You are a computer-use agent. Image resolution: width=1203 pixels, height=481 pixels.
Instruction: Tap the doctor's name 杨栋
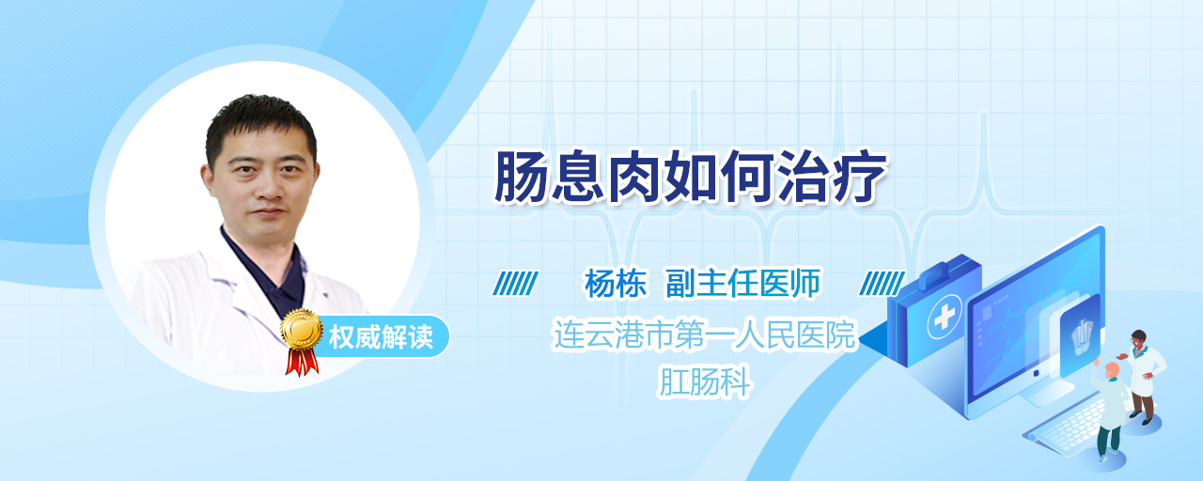tap(616, 284)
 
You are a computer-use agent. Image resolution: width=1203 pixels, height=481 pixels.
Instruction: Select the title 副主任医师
tap(743, 284)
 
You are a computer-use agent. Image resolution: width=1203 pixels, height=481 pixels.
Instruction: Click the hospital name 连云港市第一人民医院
tap(704, 334)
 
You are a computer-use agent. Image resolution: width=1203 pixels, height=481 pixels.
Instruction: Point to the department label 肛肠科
tap(704, 382)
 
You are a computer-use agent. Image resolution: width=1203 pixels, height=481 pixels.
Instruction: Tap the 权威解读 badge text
tap(381, 337)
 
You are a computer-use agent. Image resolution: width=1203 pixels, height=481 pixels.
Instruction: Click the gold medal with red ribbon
tap(302, 342)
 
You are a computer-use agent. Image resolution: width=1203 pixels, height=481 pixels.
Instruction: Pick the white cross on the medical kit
tap(945, 318)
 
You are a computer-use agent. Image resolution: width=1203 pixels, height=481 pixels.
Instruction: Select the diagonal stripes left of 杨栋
tap(515, 284)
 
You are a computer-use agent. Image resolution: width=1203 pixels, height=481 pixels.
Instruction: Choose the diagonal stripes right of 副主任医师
tap(882, 284)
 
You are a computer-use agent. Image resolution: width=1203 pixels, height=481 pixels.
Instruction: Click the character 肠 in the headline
tap(521, 177)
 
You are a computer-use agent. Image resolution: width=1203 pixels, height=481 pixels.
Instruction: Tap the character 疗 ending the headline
tap(860, 177)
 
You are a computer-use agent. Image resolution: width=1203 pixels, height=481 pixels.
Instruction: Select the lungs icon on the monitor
tap(1082, 336)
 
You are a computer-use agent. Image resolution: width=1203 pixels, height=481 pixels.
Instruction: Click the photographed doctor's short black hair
tap(260, 126)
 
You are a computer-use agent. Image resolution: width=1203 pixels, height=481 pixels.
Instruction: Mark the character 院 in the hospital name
tap(840, 334)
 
